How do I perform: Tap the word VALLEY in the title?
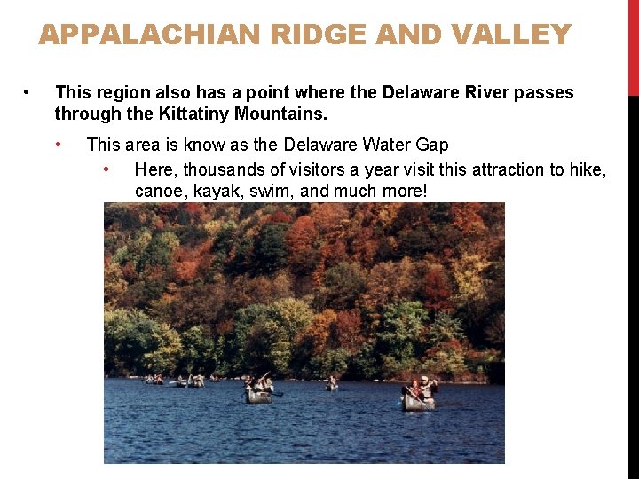tap(510, 35)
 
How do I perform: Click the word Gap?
tap(433, 145)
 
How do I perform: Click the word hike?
tap(589, 169)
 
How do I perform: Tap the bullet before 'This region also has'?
tap(28, 92)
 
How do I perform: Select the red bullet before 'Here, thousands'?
tap(106, 169)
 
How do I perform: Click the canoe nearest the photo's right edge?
tap(419, 400)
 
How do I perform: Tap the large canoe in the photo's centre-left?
tap(259, 394)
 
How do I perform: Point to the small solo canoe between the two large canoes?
tap(332, 386)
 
